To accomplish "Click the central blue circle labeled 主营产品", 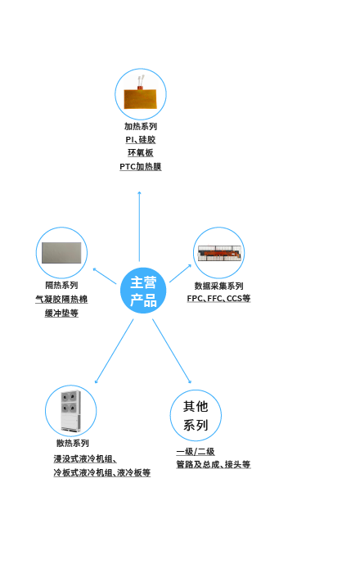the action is pos(143,291).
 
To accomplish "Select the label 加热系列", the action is pos(141,126).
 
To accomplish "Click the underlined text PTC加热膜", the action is pos(141,167).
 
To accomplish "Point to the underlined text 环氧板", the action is pos(141,153).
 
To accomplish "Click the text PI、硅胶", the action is pos(141,140).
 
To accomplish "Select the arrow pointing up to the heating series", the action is pos(139,226).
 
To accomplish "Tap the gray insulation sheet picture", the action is pos(61,253).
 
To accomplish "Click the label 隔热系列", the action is pos(61,285).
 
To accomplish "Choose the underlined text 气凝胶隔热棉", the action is pos(61,300).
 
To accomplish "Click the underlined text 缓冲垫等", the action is pos(61,314).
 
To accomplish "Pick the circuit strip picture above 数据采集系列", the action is pos(219,253).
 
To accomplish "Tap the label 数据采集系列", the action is pos(218,286).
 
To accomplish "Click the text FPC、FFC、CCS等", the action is pos(218,299).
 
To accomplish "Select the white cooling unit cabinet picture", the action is pos(70,411).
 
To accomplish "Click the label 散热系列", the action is pos(73,444).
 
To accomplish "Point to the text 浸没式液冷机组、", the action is pos(85,459).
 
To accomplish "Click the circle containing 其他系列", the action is pos(196,416).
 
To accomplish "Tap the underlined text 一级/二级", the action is pos(196,452).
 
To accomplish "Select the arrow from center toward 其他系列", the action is pos(172,351).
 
